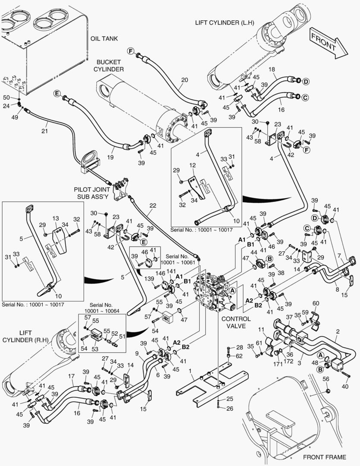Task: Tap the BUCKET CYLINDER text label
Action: [x=110, y=66]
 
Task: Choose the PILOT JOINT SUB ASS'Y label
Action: [x=94, y=192]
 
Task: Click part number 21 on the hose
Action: [x=45, y=130]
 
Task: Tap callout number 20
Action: [x=185, y=80]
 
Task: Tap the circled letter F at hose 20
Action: [x=130, y=51]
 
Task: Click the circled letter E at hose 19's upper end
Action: [x=56, y=93]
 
